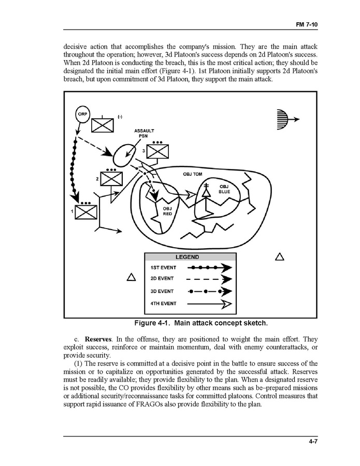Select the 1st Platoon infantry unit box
[x=85, y=213]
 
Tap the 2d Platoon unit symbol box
[x=110, y=179]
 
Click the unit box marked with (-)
[x=102, y=125]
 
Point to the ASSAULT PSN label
[x=143, y=133]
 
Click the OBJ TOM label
[x=193, y=174]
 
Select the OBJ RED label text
[x=167, y=210]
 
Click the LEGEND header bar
[x=190, y=257]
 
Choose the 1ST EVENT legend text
[x=163, y=268]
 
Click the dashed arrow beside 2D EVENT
[x=208, y=279]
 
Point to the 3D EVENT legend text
[x=162, y=291]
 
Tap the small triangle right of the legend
[x=279, y=257]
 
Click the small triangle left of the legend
[x=131, y=278]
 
